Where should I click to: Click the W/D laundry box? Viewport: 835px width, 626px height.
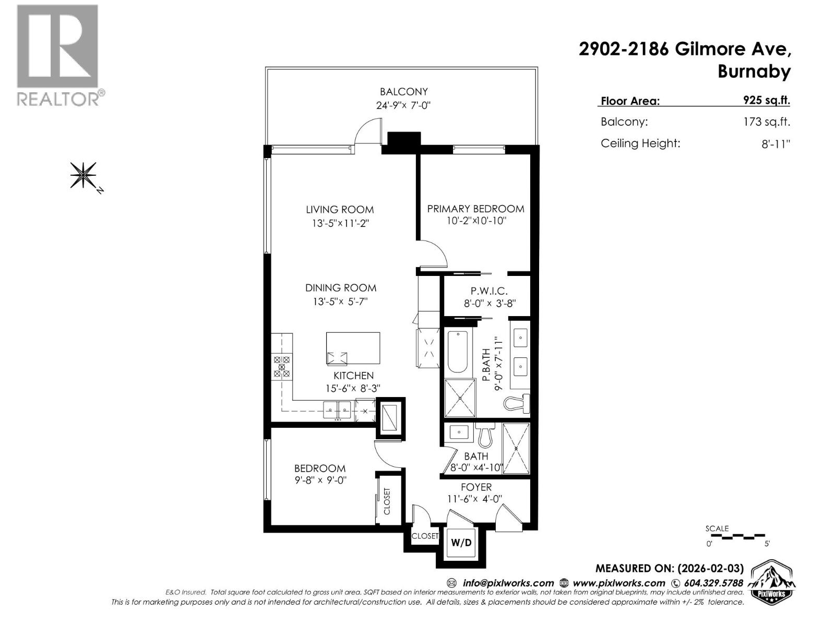coord(461,543)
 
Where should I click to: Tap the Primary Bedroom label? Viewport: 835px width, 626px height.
coord(475,209)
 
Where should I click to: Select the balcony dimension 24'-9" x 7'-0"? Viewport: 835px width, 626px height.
coord(403,105)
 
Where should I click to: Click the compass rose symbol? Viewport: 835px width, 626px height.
coord(83,174)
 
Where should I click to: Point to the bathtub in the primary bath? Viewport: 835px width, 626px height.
coord(458,352)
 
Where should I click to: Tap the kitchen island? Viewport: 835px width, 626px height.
coord(353,347)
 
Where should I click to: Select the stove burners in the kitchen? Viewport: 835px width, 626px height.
coord(281,366)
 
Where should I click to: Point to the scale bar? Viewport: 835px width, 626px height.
coord(735,536)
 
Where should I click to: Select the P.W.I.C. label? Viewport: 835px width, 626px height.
coord(489,291)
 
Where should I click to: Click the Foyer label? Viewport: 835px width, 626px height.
coord(476,487)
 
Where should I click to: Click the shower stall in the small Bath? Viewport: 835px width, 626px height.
coord(516,448)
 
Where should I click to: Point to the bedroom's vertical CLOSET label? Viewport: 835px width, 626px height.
coord(387,501)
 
